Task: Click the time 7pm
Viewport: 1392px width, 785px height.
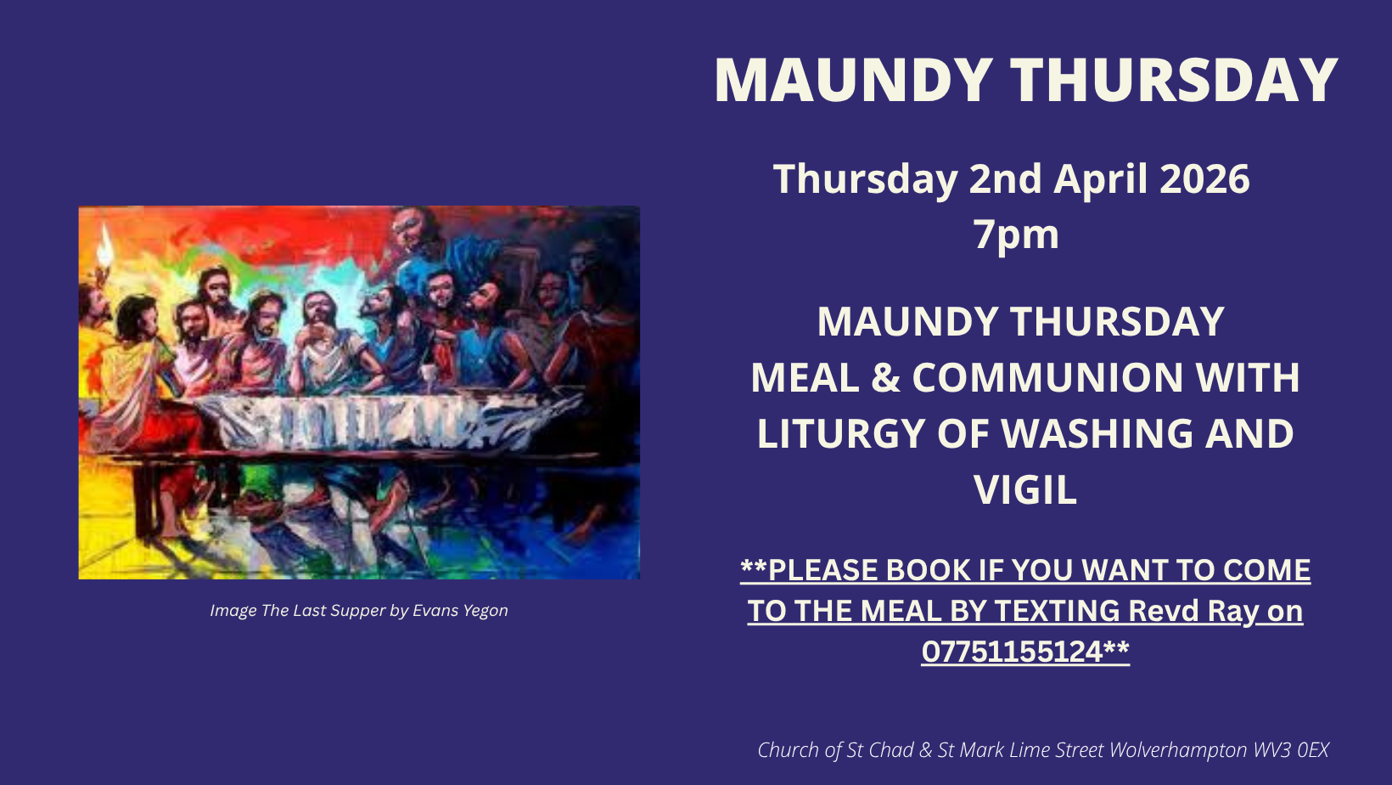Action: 1016,235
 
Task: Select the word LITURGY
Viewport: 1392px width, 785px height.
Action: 841,433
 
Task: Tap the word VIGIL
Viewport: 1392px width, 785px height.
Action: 1024,490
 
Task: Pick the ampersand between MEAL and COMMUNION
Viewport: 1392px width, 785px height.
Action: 885,377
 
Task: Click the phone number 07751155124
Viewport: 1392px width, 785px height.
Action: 1013,652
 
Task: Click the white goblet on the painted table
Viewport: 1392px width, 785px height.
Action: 427,377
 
